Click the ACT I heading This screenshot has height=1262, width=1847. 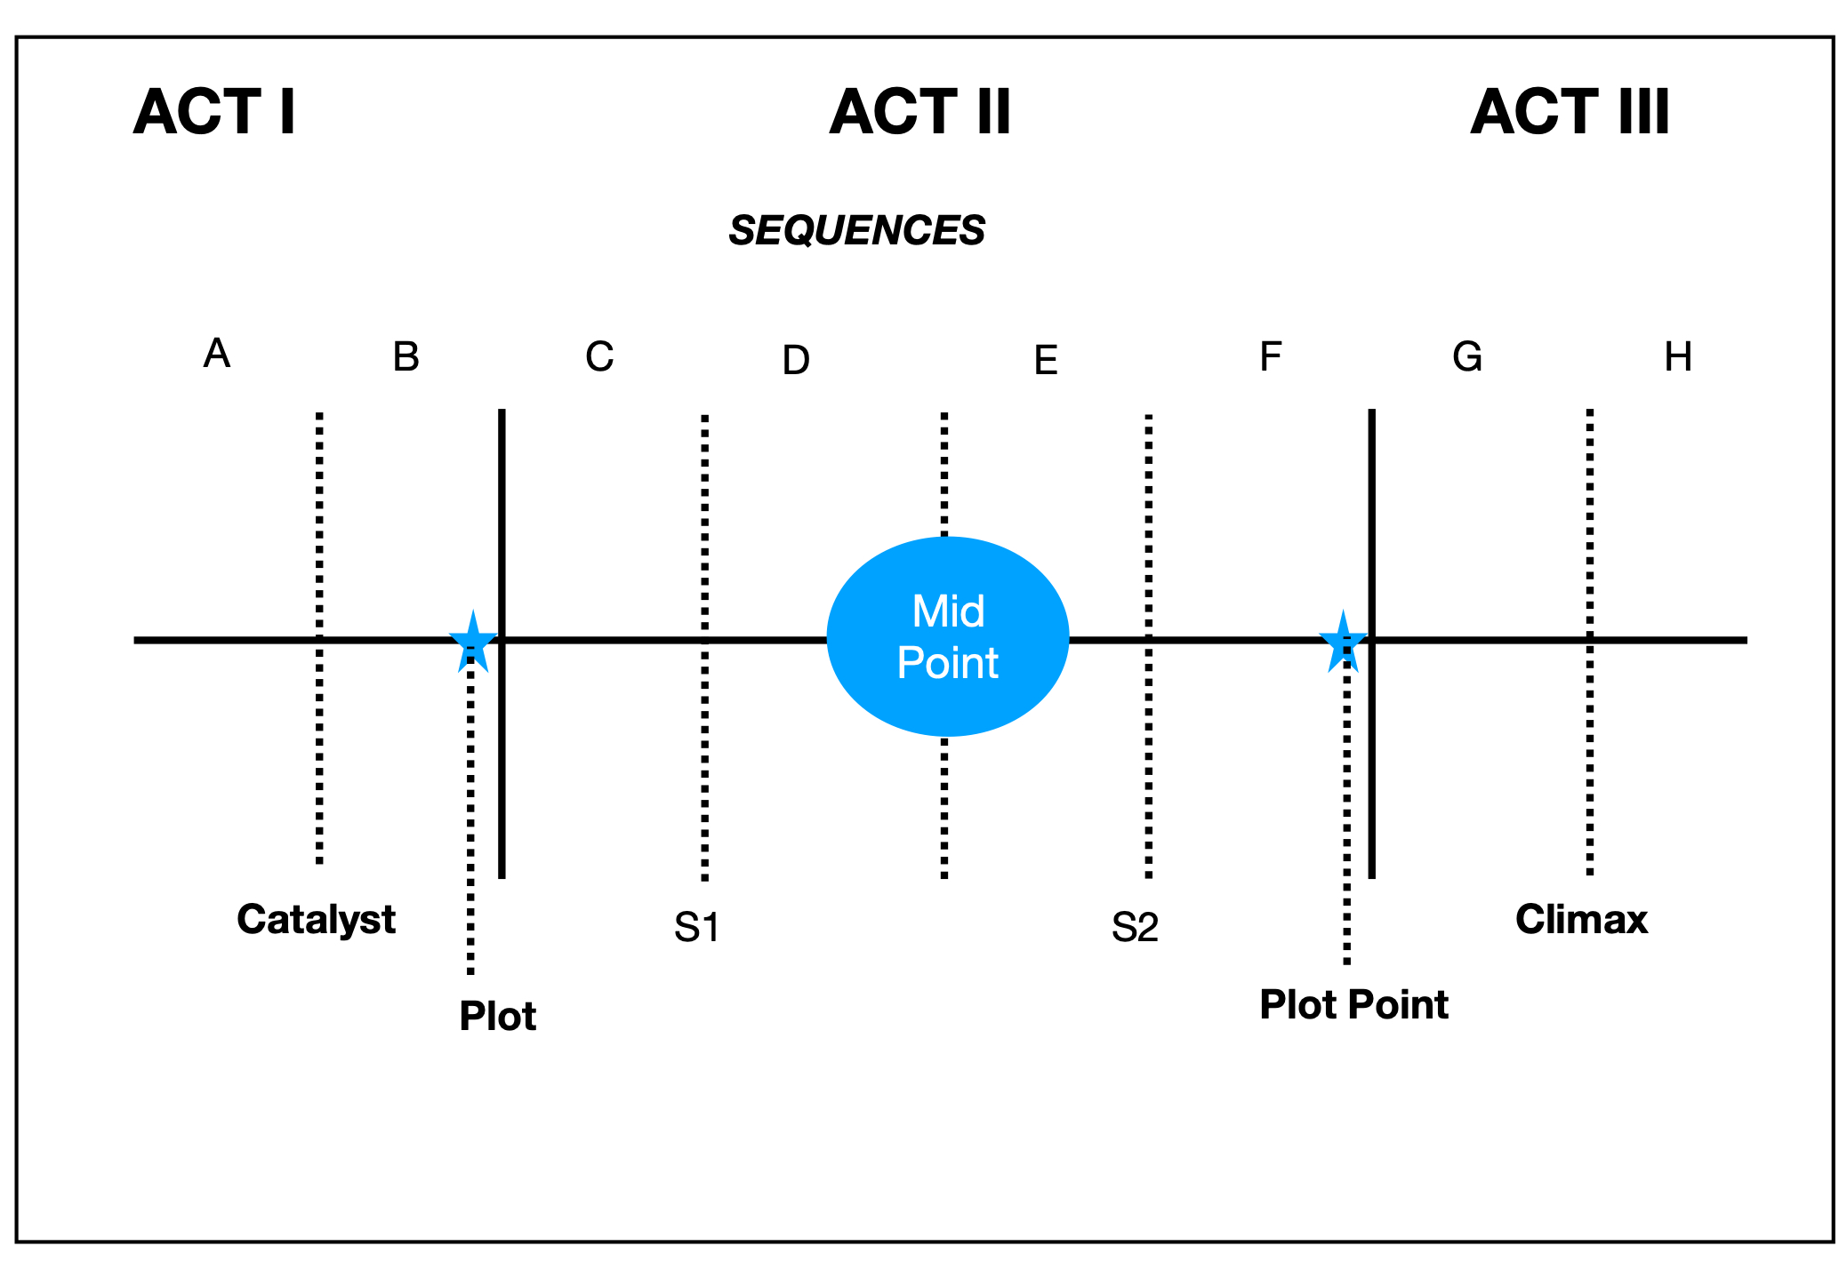pyautogui.click(x=214, y=112)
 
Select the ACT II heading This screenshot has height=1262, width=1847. pyautogui.click(x=920, y=112)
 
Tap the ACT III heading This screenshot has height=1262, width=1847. pyautogui.click(x=1570, y=112)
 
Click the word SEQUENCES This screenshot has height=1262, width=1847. pyautogui.click(x=856, y=230)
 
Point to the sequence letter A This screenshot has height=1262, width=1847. pyautogui.click(x=217, y=354)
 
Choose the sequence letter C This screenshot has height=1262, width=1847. pyautogui.click(x=599, y=357)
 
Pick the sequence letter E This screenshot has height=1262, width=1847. pyautogui.click(x=1046, y=361)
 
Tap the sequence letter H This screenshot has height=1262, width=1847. pyautogui.click(x=1677, y=357)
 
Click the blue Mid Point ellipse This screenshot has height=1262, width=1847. pyautogui.click(x=947, y=636)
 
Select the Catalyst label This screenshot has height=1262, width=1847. pyautogui.click(x=316, y=919)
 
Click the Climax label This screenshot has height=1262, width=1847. pyautogui.click(x=1581, y=919)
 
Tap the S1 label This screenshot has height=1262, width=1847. pyautogui.click(x=696, y=928)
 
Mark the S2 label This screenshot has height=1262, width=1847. pyautogui.click(x=1135, y=928)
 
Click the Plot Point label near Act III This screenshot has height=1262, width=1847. pyautogui.click(x=1353, y=1004)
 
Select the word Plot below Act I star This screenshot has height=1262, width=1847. pyautogui.click(x=497, y=1016)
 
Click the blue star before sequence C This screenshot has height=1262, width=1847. pyautogui.click(x=472, y=642)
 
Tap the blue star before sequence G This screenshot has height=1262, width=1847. pyautogui.click(x=1342, y=642)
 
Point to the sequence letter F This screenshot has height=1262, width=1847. pyautogui.click(x=1271, y=357)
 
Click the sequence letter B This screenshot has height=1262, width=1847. pyautogui.click(x=406, y=357)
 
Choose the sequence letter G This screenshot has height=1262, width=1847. pyautogui.click(x=1467, y=357)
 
